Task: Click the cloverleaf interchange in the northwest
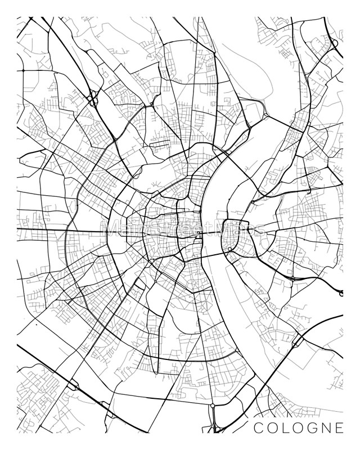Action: (91, 98)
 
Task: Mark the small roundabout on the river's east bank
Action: (230, 249)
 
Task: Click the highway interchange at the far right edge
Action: (340, 291)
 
